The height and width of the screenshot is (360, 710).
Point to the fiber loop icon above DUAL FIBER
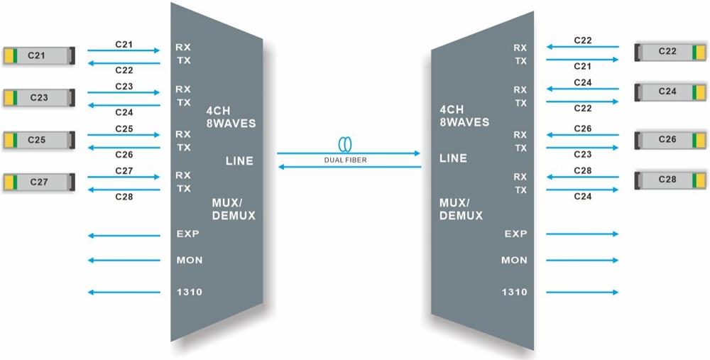pos(345,145)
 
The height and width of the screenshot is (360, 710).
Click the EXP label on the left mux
pos(188,234)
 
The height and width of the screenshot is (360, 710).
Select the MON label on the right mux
pos(514,261)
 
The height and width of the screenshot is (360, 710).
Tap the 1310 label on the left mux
pos(188,292)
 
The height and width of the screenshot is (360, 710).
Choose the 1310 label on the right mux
pos(514,292)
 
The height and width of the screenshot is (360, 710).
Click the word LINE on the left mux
pos(239,161)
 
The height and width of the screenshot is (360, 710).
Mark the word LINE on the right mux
pos(454,158)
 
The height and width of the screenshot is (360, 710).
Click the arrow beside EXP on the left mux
pos(124,234)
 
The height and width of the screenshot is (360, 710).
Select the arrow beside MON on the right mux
pos(582,261)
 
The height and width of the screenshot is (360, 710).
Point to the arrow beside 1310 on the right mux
pos(582,292)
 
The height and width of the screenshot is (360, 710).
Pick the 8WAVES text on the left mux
pos(231,124)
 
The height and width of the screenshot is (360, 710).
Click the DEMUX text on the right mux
pos(461,215)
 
